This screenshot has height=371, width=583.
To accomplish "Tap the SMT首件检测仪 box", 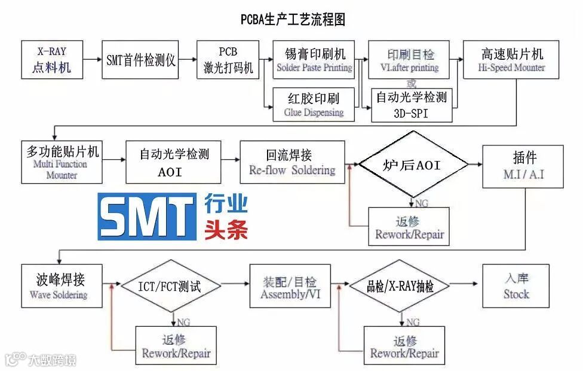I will (x=141, y=60).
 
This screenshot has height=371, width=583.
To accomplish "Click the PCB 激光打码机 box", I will (x=228, y=60).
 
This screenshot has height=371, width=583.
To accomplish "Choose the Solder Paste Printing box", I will (x=315, y=60).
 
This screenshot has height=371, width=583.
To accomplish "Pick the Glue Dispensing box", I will (x=315, y=105).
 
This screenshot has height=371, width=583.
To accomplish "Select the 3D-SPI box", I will (x=412, y=105).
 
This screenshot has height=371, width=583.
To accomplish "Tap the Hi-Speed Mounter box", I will (x=511, y=60).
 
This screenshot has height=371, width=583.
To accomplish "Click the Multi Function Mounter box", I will (x=62, y=162).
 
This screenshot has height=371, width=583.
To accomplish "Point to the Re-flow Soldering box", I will (x=292, y=162).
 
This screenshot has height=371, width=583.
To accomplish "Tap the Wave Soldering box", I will (x=58, y=285).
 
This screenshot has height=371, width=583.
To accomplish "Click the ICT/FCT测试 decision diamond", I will (x=173, y=285).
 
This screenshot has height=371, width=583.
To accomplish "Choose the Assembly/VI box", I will (x=290, y=285).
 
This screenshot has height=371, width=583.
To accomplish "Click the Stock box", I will (x=516, y=285).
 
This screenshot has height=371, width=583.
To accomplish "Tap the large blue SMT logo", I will (x=147, y=217).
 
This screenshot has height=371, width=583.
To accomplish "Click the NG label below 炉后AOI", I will (x=422, y=203).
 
